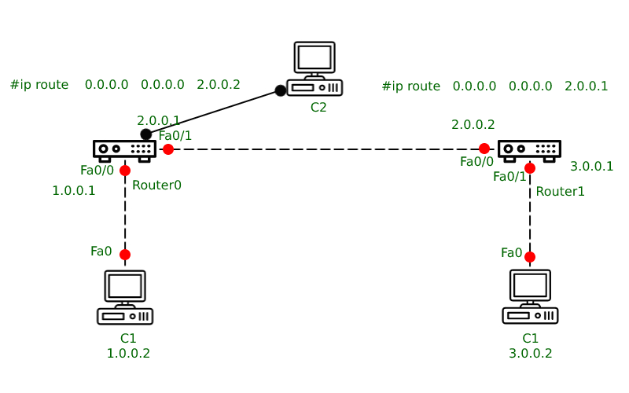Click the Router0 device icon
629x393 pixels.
[124, 149]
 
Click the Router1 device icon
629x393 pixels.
[529, 149]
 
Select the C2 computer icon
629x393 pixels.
[314, 69]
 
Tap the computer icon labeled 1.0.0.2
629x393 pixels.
[125, 297]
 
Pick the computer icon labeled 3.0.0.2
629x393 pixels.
[530, 297]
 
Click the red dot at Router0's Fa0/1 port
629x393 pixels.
[168, 149]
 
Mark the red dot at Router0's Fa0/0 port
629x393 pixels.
[125, 171]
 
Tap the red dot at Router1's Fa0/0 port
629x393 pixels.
[484, 149]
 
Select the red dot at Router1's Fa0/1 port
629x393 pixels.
[530, 168]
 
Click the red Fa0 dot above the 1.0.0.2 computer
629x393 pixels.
[125, 255]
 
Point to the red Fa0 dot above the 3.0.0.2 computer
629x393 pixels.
[530, 257]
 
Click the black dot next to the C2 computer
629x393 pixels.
[280, 91]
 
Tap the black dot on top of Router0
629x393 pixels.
[146, 134]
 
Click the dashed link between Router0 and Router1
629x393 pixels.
[326, 149]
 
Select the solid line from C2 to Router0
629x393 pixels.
[213, 112]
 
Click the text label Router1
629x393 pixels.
[560, 192]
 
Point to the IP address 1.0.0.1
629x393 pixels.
[74, 191]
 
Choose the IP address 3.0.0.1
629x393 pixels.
[591, 166]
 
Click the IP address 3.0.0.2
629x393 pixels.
[530, 354]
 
